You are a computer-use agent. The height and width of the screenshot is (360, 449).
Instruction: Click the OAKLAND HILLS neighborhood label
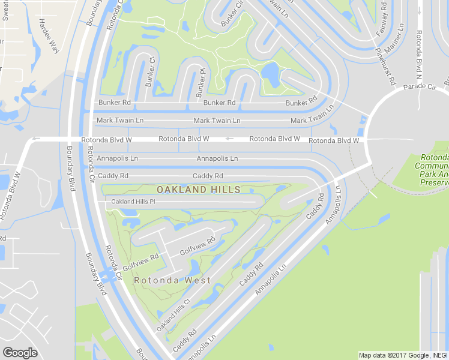point(198,190)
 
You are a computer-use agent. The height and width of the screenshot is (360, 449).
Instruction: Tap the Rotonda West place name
point(172,280)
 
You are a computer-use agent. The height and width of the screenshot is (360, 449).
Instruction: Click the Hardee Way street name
point(47,36)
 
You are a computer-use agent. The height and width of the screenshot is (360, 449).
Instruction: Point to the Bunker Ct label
point(149,70)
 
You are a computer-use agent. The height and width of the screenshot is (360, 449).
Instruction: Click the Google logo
point(20,353)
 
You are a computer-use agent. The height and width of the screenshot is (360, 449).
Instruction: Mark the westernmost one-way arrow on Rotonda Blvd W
point(35,139)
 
